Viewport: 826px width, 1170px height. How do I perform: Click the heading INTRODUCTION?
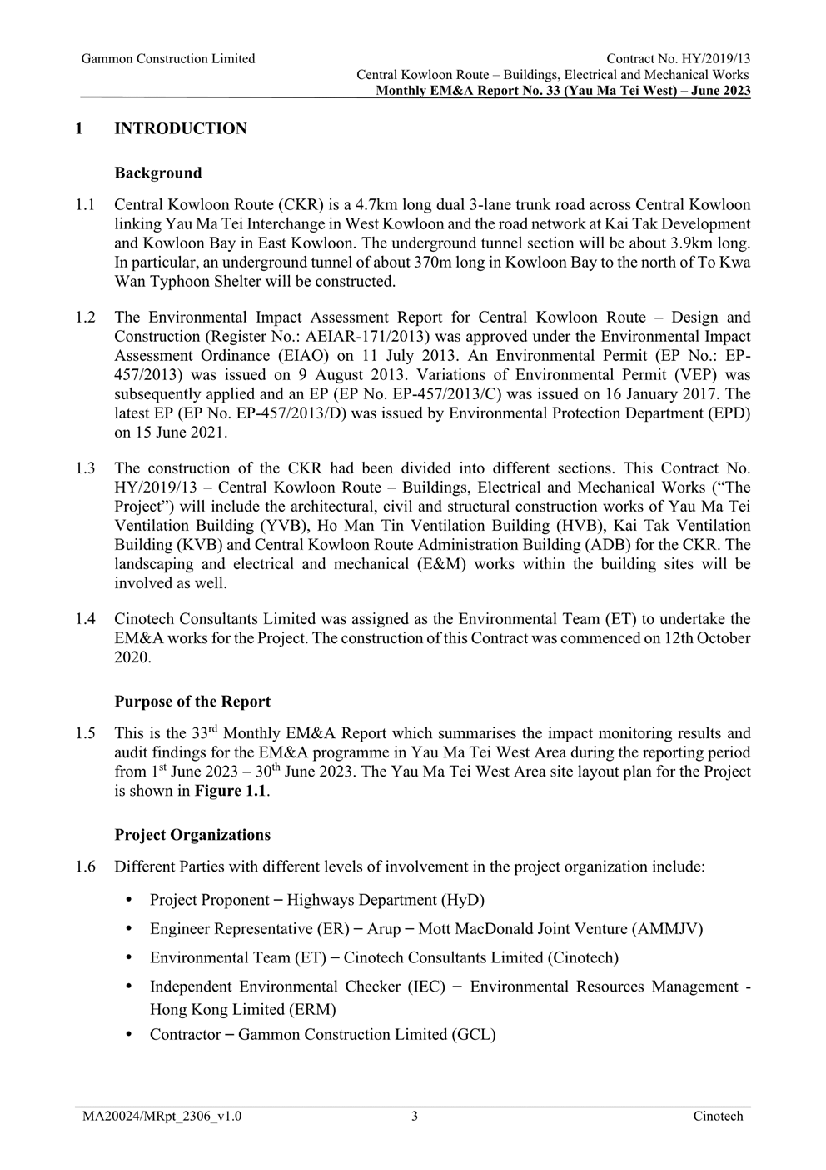click(x=180, y=129)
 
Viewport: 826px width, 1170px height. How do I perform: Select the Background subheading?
click(x=158, y=173)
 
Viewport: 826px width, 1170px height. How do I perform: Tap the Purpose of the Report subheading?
click(x=192, y=702)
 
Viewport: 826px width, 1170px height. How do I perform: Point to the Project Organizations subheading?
click(x=192, y=835)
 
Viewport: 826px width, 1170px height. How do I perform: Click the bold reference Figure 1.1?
click(x=231, y=791)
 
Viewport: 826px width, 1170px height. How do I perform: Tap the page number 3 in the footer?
click(x=414, y=1117)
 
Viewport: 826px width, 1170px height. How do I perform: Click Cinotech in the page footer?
click(x=718, y=1117)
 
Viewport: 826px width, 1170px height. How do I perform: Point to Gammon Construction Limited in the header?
click(x=168, y=59)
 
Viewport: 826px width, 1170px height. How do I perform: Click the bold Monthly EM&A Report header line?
click(x=563, y=91)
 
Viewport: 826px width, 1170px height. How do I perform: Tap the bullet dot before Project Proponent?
click(x=128, y=900)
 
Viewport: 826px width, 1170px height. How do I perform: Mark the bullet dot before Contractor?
click(x=128, y=1034)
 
